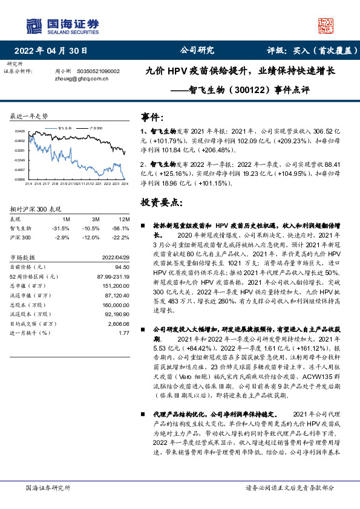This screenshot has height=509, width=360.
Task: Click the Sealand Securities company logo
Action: pos(61,25)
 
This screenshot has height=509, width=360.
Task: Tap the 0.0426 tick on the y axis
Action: pos(20,131)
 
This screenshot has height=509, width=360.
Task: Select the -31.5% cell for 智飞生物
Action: pos(62,228)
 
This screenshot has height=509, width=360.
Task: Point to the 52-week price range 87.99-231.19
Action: pos(113,276)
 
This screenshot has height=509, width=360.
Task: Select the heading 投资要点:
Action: pos(160,202)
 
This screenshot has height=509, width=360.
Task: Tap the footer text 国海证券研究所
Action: pos(46,488)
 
